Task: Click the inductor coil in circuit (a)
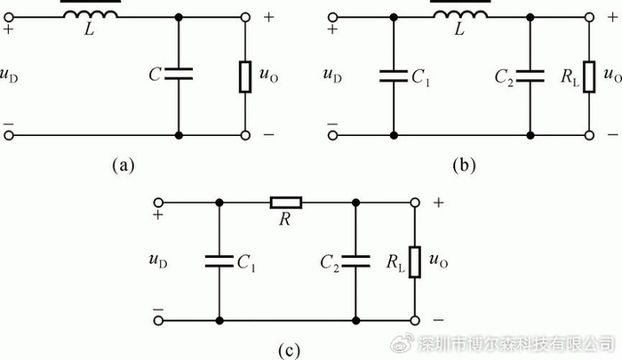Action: [91, 14]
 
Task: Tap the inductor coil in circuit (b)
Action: [460, 14]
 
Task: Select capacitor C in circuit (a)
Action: [179, 74]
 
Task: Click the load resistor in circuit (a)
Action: [245, 77]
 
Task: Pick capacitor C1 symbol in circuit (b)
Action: [394, 76]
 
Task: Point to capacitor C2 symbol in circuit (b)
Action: [530, 76]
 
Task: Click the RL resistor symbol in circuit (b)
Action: [589, 77]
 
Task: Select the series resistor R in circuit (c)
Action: [286, 203]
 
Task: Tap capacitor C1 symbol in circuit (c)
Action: [219, 261]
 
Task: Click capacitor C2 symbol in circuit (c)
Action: [355, 261]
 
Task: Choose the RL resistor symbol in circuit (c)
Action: [415, 262]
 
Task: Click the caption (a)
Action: [123, 164]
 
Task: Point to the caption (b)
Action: [464, 164]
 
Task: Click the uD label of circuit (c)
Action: [158, 260]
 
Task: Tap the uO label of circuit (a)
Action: [268, 75]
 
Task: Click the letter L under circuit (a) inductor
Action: [90, 28]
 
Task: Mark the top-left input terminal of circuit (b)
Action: [333, 17]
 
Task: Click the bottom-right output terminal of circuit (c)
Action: [415, 320]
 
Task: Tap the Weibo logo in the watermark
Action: [403, 343]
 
